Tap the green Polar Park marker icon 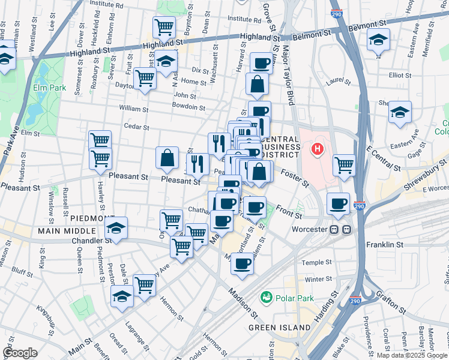(x=265, y=297)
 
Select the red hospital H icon (x=318, y=148)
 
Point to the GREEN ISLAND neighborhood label (x=280, y=328)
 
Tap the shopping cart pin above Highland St (x=164, y=27)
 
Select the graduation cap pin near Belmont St (x=378, y=41)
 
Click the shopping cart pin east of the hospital (x=344, y=164)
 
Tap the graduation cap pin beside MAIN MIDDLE (x=116, y=228)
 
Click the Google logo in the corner (x=20, y=353)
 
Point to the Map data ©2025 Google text (x=412, y=355)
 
